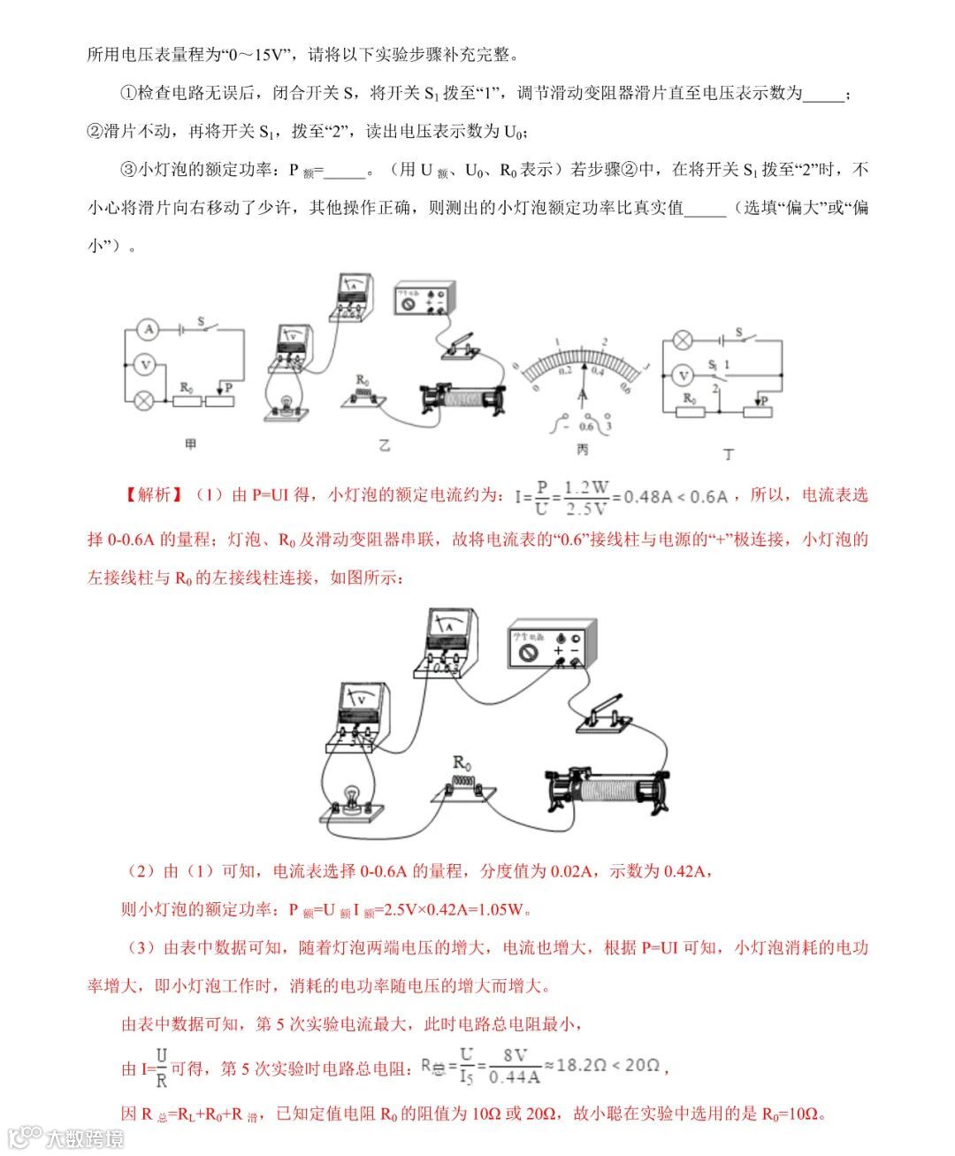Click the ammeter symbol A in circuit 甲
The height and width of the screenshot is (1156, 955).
coord(149,330)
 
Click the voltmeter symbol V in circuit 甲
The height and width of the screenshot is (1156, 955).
coord(149,364)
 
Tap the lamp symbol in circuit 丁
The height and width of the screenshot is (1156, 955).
coord(682,340)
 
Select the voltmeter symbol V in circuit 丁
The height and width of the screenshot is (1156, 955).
coord(682,376)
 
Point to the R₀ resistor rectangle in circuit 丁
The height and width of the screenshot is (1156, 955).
coord(690,411)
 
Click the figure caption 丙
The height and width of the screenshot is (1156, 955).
coord(582,449)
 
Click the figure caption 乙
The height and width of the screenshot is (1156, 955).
coord(385,445)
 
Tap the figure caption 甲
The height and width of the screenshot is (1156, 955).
coord(190,444)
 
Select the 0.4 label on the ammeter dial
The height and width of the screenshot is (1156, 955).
coord(596,371)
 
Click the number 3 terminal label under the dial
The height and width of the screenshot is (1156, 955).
coord(607,426)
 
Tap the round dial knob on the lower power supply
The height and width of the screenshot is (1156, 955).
coord(528,653)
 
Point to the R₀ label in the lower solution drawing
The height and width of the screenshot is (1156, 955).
coord(462,762)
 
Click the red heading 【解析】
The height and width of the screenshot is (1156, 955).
coord(151,495)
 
